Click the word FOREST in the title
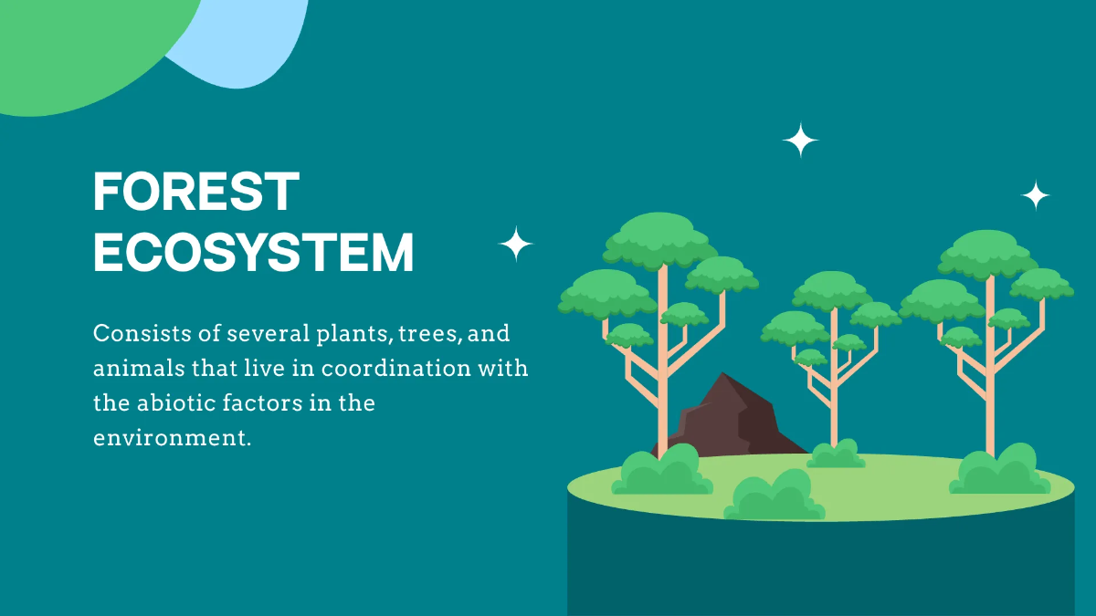[196, 193]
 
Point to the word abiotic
[180, 402]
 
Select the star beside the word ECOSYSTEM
[516, 244]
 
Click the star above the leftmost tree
[801, 141]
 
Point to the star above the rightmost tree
[1035, 195]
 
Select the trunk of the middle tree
[834, 383]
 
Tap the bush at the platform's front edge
[774, 496]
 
